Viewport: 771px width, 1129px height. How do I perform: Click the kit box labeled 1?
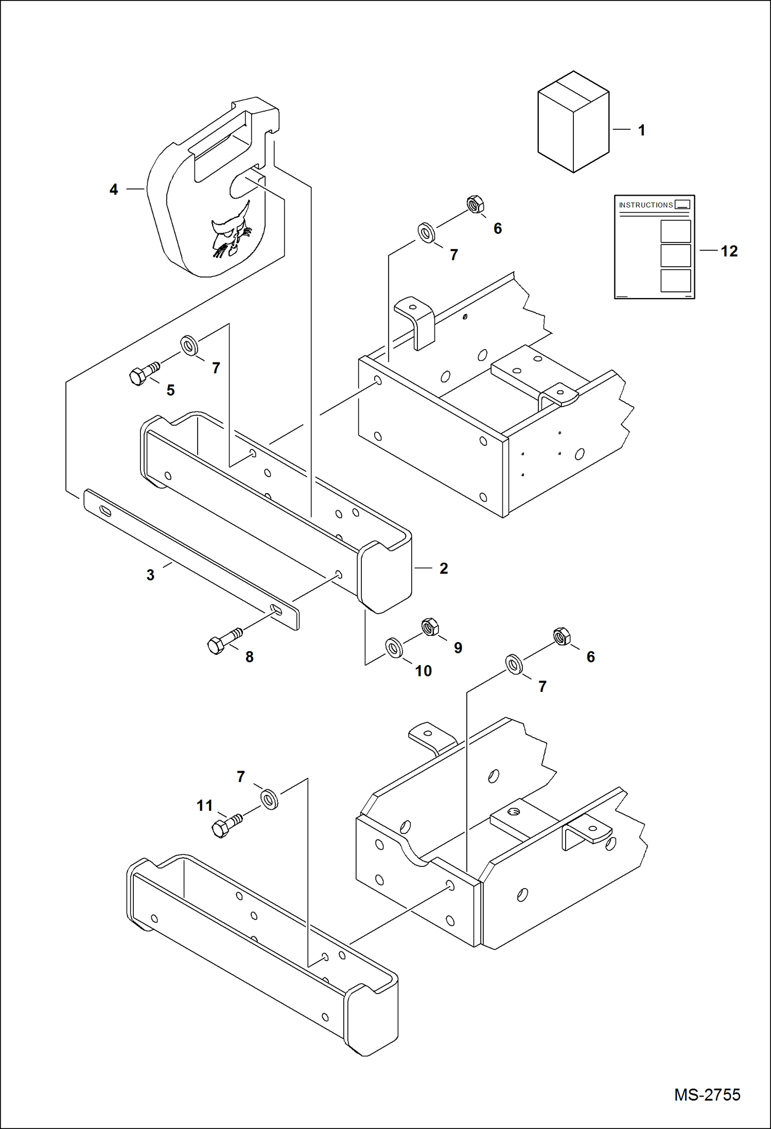pyautogui.click(x=573, y=122)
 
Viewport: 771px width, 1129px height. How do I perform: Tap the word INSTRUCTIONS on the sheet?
pyautogui.click(x=645, y=205)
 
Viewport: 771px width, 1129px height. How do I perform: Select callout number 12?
pyautogui.click(x=729, y=251)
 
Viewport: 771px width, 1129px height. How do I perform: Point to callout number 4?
pyautogui.click(x=114, y=189)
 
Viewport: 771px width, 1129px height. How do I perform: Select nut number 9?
pyautogui.click(x=430, y=627)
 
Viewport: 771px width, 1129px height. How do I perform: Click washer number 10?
pyautogui.click(x=394, y=648)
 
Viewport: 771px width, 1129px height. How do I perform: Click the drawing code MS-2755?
pyautogui.click(x=707, y=1095)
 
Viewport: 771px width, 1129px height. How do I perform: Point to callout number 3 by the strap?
pyautogui.click(x=150, y=575)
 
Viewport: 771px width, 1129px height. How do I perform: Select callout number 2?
pyautogui.click(x=444, y=568)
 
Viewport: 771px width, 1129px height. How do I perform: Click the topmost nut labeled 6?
pyautogui.click(x=475, y=204)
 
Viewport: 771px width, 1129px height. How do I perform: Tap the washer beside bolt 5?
pyautogui.click(x=189, y=345)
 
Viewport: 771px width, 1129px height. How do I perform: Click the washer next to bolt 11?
pyautogui.click(x=269, y=799)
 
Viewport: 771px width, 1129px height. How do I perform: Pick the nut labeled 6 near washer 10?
pyautogui.click(x=562, y=636)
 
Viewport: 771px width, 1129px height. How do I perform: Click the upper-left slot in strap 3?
pyautogui.click(x=105, y=510)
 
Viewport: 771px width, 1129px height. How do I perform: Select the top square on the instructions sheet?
pyautogui.click(x=675, y=231)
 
